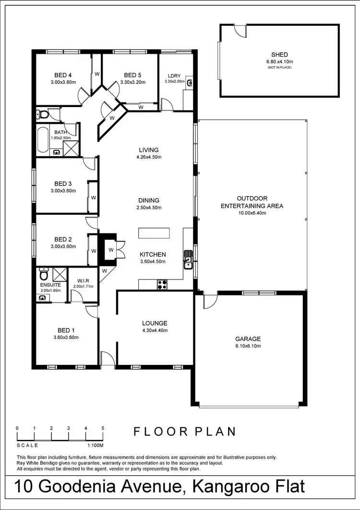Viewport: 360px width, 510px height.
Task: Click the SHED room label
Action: (279, 55)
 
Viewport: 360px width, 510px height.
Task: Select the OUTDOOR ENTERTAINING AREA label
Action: (252, 202)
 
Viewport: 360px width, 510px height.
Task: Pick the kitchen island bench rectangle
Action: (154, 233)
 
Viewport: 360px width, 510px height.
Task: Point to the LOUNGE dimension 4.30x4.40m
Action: (155, 330)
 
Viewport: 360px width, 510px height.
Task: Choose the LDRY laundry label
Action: (174, 76)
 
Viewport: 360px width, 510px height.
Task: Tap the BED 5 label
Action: (132, 75)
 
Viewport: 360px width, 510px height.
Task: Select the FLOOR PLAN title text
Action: (185, 431)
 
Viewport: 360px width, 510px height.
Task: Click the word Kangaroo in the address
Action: (231, 486)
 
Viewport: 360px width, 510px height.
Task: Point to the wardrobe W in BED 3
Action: (94, 197)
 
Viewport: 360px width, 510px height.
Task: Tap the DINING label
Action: (148, 200)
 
